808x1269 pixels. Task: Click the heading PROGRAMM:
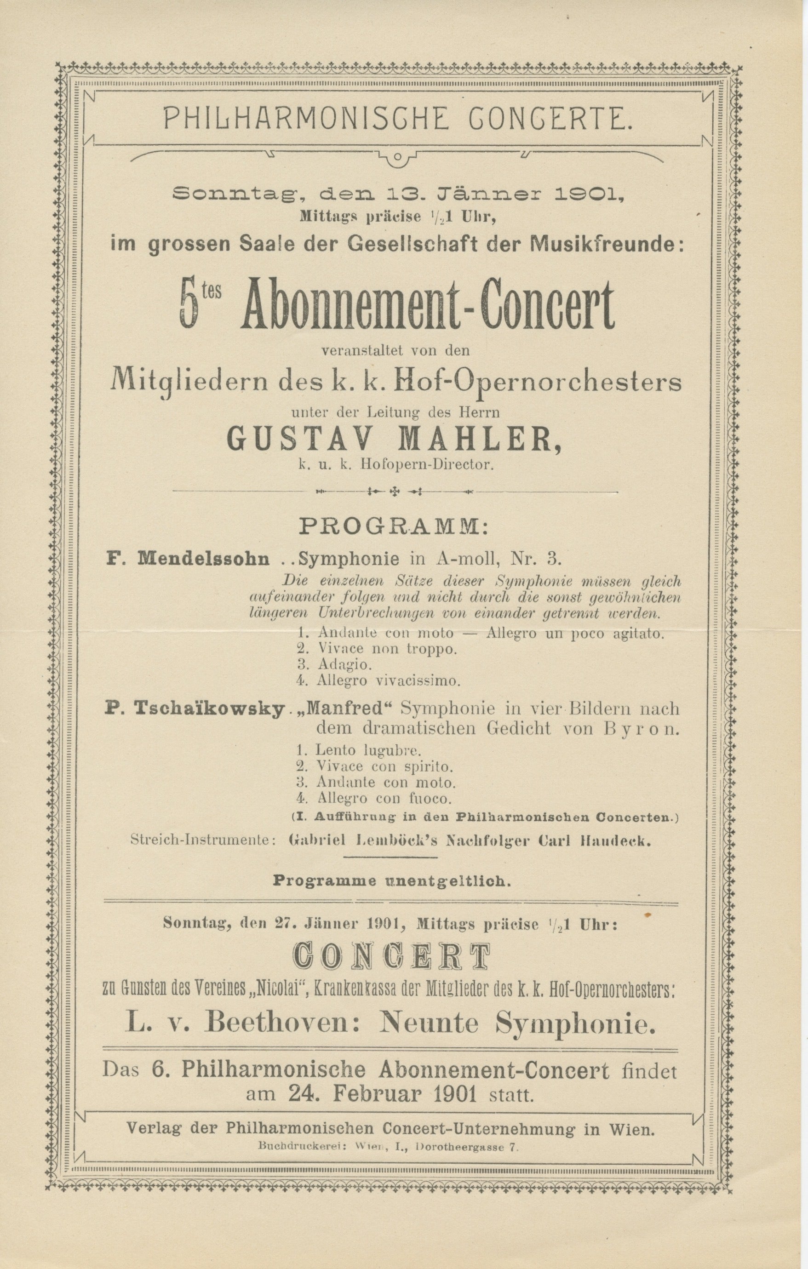click(394, 526)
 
